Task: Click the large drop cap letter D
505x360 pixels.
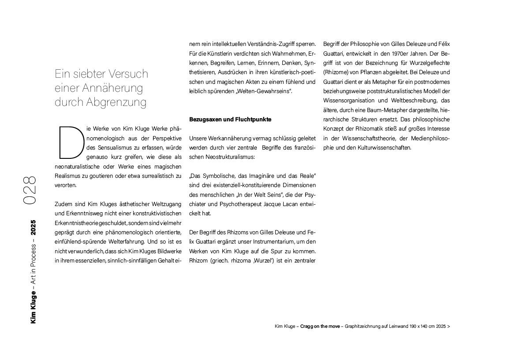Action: (71, 142)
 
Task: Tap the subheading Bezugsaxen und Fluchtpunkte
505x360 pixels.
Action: (230, 120)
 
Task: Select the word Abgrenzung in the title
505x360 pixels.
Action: (117, 103)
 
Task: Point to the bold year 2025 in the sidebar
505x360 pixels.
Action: (34, 229)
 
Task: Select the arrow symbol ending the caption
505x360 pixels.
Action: (449, 327)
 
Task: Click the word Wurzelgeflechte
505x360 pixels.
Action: (428, 63)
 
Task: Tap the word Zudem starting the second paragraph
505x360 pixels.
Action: (62, 204)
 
